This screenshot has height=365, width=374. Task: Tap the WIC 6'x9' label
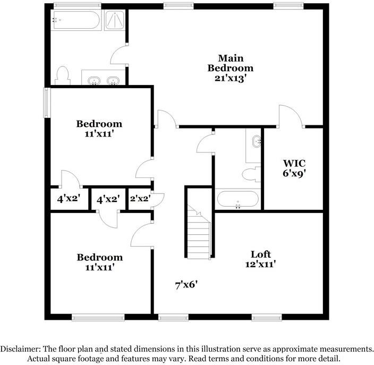[294, 167]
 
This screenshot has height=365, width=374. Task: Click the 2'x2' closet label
[140, 200]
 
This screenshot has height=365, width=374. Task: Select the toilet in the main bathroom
[62, 75]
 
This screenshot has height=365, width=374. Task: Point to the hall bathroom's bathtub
[237, 200]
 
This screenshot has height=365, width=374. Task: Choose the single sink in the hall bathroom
[257, 141]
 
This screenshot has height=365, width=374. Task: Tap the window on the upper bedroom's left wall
[47, 102]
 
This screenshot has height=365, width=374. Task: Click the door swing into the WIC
[290, 116]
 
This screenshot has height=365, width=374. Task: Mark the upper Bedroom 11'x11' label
[99, 129]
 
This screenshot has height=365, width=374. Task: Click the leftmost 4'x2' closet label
[67, 200]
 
